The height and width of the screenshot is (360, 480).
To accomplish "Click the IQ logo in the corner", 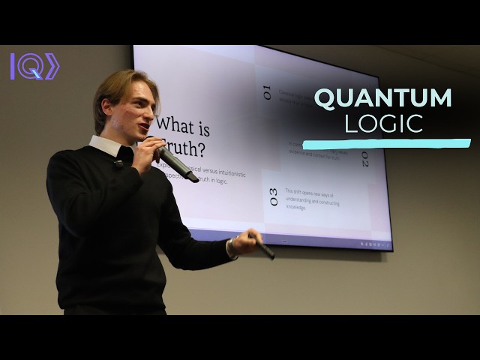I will pyautogui.click(x=34, y=66).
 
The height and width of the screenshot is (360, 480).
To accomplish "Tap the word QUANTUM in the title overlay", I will pyautogui.click(x=382, y=98).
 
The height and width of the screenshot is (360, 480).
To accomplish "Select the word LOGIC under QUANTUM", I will pyautogui.click(x=382, y=124).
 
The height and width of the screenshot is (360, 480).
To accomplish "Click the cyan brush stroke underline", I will pyautogui.click(x=386, y=142).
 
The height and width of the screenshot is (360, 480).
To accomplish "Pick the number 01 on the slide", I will pyautogui.click(x=267, y=93).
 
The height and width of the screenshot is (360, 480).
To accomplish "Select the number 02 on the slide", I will pyautogui.click(x=364, y=159).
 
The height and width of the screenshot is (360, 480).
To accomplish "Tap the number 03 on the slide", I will pyautogui.click(x=273, y=196).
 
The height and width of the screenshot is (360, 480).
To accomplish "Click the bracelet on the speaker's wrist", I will pyautogui.click(x=233, y=247).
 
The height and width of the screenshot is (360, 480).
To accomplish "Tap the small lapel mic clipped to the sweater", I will pyautogui.click(x=118, y=163).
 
